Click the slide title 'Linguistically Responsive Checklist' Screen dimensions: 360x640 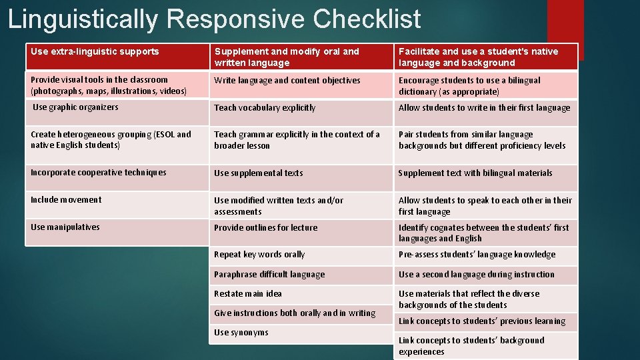pyautogui.click(x=214, y=19)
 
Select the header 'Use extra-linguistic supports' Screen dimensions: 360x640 pyautogui.click(x=95, y=51)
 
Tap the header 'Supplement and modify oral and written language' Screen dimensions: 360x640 pyautogui.click(x=287, y=57)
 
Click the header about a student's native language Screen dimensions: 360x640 pyautogui.click(x=478, y=57)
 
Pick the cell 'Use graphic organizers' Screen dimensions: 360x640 pyautogui.click(x=75, y=107)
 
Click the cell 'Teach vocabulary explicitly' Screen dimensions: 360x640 pyautogui.click(x=265, y=107)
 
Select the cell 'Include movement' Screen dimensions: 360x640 pyautogui.click(x=66, y=200)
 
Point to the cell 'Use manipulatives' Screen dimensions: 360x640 pyautogui.click(x=65, y=227)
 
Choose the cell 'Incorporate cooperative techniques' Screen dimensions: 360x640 pyautogui.click(x=99, y=173)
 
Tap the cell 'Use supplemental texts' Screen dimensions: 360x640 pyautogui.click(x=259, y=173)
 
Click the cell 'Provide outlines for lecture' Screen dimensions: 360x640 pyautogui.click(x=265, y=227)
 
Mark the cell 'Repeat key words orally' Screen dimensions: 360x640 pyautogui.click(x=259, y=255)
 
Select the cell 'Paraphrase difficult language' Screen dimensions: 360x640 pyautogui.click(x=269, y=274)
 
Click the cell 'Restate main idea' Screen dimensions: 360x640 pyautogui.click(x=248, y=294)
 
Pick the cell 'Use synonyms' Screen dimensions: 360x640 pyautogui.click(x=241, y=333)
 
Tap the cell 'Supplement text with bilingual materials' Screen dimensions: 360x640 pyautogui.click(x=475, y=173)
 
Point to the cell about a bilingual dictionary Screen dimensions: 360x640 pyautogui.click(x=469, y=85)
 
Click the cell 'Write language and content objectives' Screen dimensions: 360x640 pyautogui.click(x=287, y=81)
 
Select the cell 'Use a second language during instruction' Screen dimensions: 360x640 pyautogui.click(x=476, y=274)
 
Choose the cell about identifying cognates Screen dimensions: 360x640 pyautogui.click(x=483, y=233)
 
